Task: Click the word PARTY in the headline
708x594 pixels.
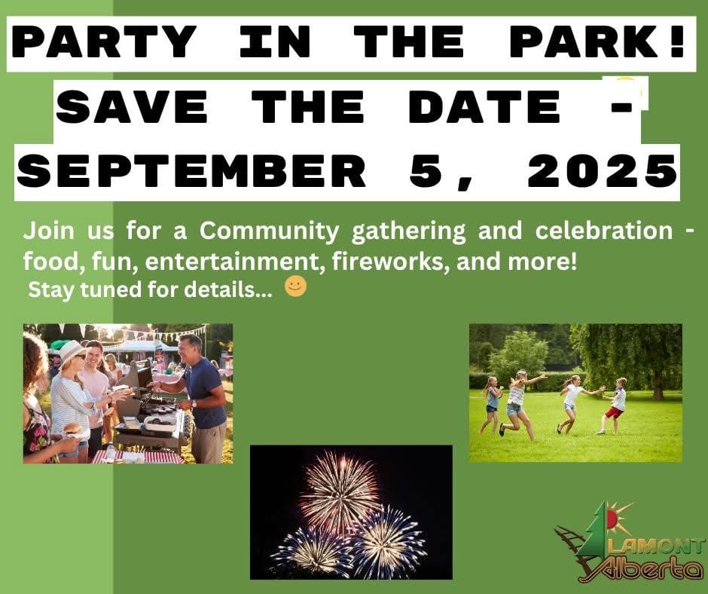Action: (104, 41)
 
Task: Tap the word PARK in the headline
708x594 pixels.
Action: (584, 41)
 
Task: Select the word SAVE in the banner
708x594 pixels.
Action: (132, 107)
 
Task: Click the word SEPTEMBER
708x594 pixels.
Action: (191, 171)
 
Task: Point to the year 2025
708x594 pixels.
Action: (603, 171)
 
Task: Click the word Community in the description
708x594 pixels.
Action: (269, 231)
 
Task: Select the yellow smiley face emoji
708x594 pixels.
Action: (296, 286)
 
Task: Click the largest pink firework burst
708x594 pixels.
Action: (340, 491)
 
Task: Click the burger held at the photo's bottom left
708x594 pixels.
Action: (72, 429)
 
